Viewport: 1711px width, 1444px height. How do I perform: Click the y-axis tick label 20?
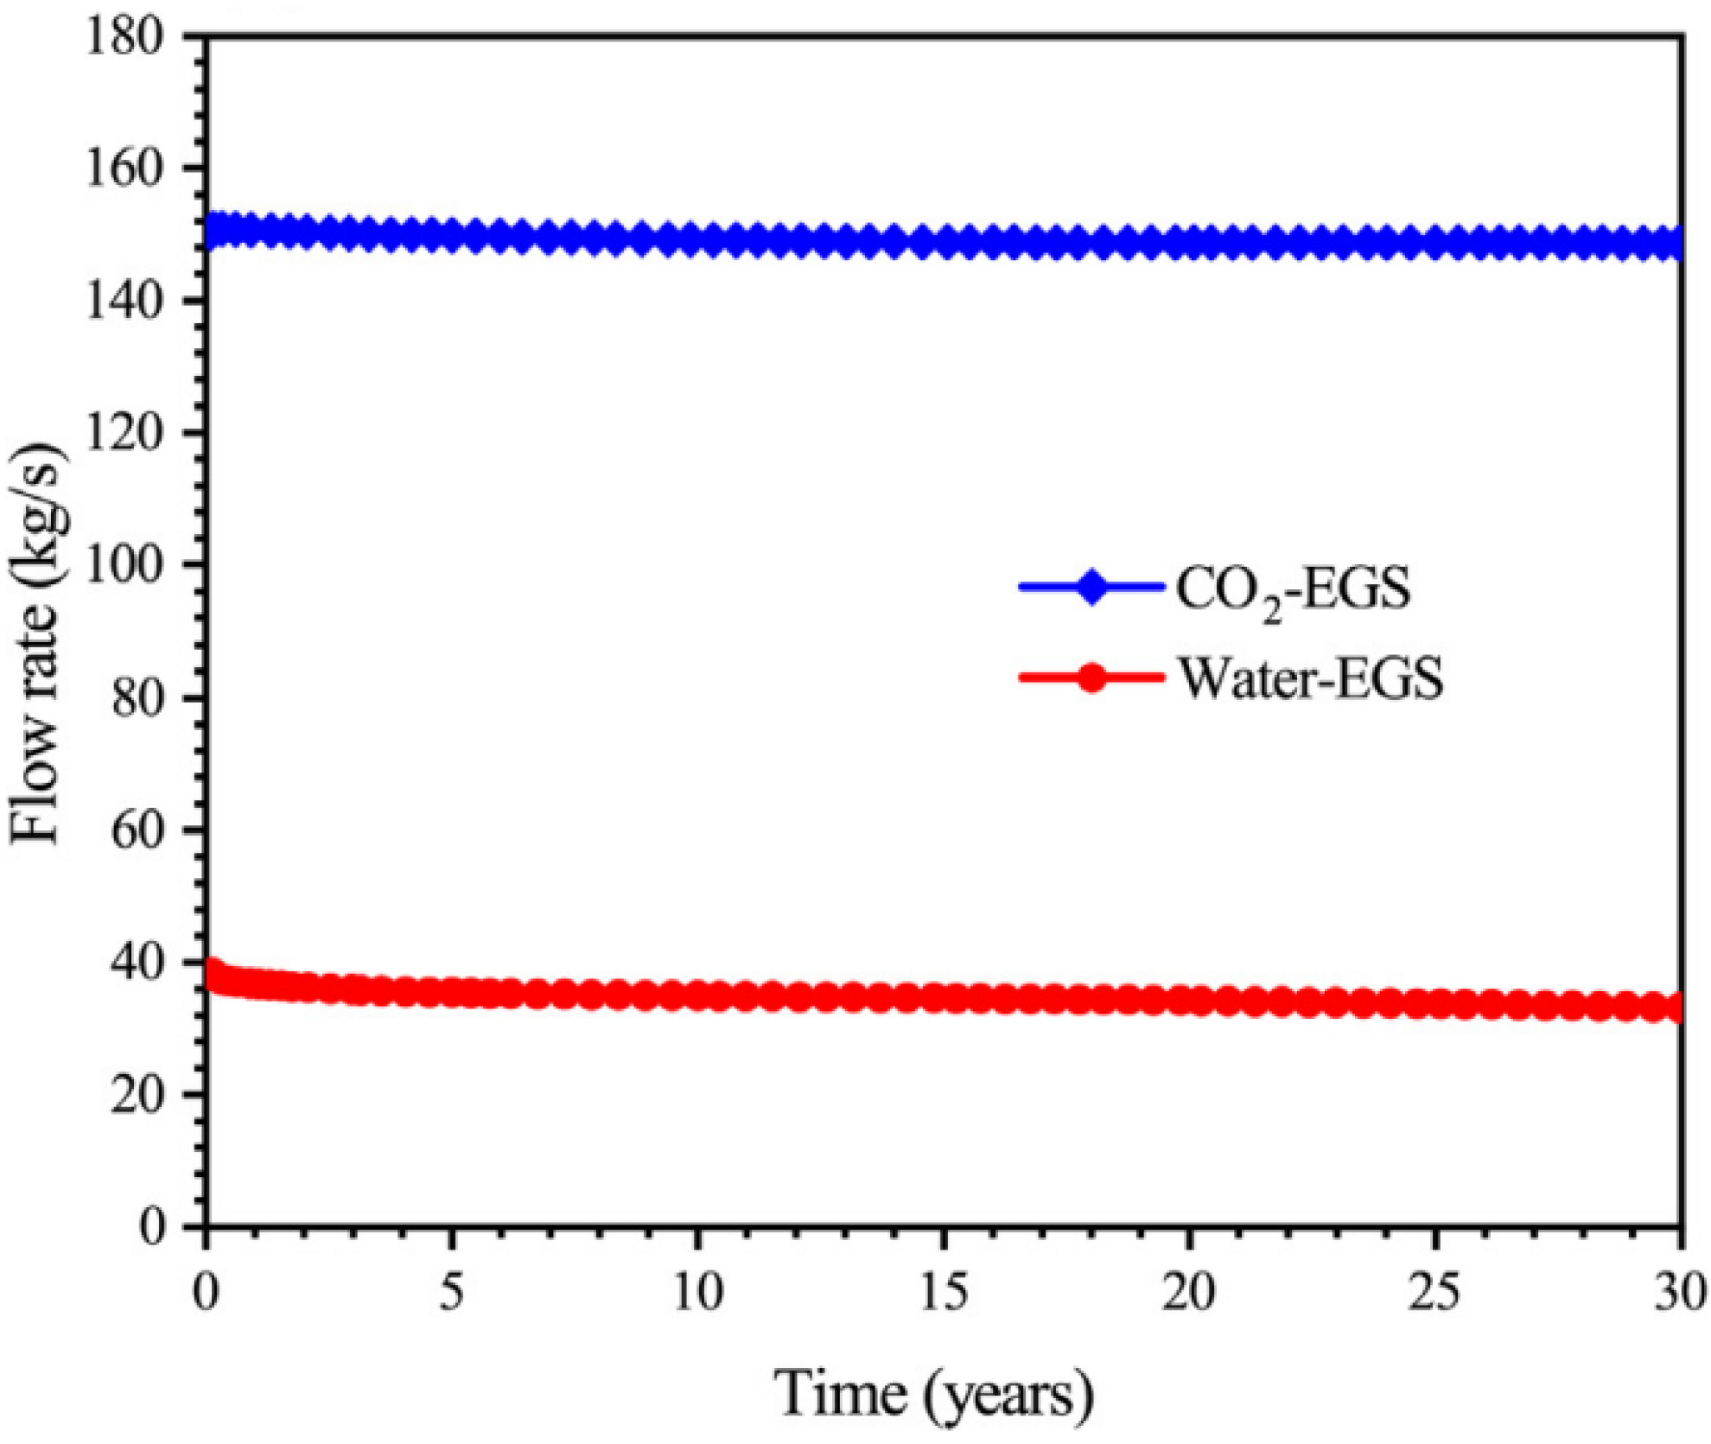tap(137, 1096)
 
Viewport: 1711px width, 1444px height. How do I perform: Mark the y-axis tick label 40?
tap(137, 964)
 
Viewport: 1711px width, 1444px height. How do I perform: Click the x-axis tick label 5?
tap(451, 1294)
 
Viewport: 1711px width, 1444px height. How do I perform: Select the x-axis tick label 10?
tap(697, 1294)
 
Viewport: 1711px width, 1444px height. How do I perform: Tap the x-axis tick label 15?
tap(943, 1294)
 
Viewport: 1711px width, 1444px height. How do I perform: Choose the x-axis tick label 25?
tap(1434, 1294)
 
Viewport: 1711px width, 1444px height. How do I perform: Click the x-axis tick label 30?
tap(1679, 1294)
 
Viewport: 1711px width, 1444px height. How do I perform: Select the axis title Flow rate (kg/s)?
tap(36, 644)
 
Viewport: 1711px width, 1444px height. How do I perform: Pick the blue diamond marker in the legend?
tap(1091, 588)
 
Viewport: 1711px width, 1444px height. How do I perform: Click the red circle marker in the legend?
tap(1092, 677)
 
